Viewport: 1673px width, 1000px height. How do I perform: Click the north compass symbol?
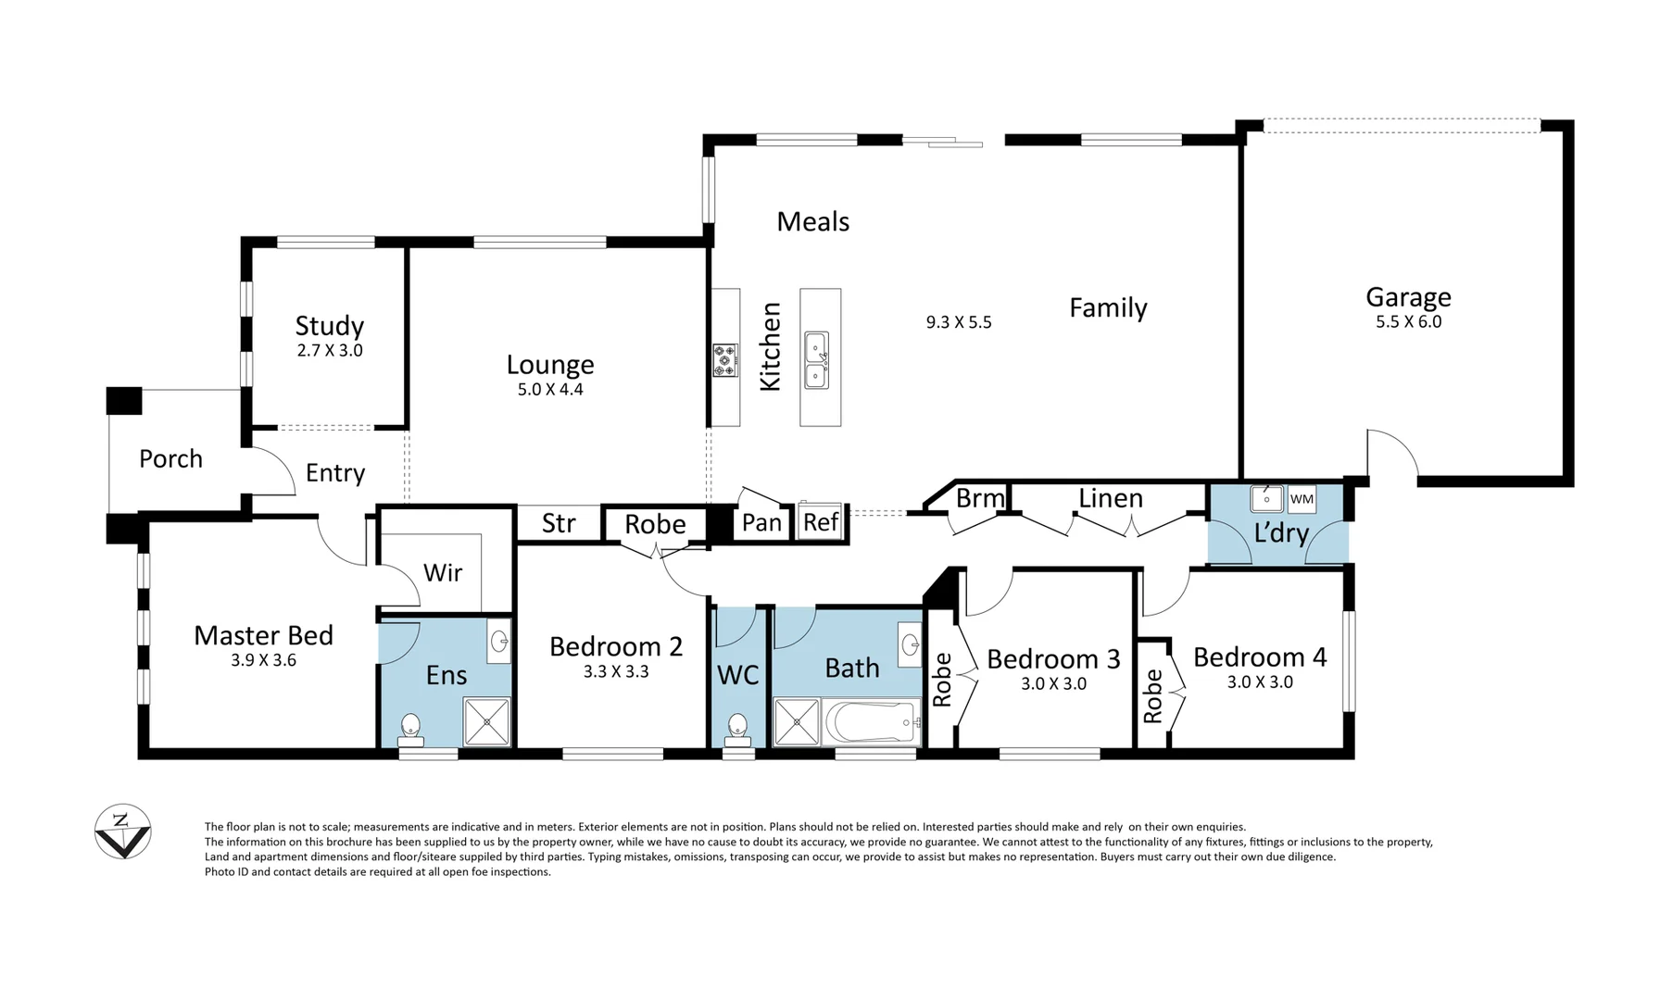coord(122,831)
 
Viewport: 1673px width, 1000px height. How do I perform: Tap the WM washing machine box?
coord(1302,499)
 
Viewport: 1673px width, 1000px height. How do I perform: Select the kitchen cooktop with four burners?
coord(724,360)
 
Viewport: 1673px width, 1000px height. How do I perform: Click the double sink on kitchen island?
coord(816,360)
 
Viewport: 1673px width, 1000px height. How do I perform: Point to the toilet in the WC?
coord(738,729)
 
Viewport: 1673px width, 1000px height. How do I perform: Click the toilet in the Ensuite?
coord(410,730)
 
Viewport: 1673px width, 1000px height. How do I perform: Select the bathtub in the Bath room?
coord(871,722)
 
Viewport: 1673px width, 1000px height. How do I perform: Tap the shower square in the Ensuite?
coord(486,722)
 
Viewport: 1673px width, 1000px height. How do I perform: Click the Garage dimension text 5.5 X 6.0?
coord(1408,322)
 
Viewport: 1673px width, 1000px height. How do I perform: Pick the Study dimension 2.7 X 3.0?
coord(330,351)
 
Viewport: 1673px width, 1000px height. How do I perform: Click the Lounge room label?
coord(550,364)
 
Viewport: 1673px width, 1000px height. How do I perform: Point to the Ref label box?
coord(821,522)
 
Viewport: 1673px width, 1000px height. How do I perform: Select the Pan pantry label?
coord(761,523)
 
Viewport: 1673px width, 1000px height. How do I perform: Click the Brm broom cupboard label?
coord(979,498)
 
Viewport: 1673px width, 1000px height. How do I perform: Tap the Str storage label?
coord(559,523)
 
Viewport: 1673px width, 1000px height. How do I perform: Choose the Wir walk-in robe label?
coord(442,572)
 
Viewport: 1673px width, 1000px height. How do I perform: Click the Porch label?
coord(170,458)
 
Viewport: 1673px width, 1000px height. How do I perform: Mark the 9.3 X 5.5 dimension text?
coord(959,322)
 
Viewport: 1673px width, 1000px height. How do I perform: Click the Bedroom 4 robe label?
coord(1152,696)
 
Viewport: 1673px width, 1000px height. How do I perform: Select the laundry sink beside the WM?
coord(1266,498)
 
